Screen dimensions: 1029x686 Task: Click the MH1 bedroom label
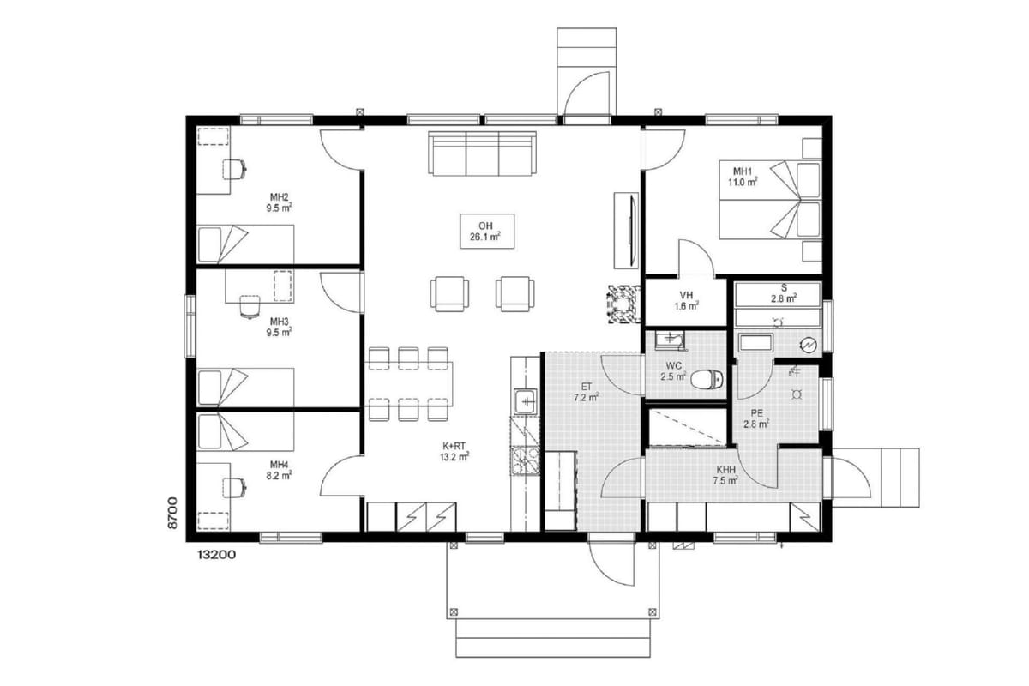click(743, 177)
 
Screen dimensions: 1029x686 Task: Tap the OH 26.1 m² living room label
click(486, 232)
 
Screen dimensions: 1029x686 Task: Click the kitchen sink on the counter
click(525, 401)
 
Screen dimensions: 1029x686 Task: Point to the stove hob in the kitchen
click(525, 460)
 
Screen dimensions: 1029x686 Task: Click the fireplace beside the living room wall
click(624, 304)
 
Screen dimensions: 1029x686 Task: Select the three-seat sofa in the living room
click(482, 153)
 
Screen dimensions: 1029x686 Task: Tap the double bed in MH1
click(770, 200)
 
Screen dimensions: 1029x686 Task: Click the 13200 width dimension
click(216, 555)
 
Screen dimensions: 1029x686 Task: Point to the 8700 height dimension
click(172, 513)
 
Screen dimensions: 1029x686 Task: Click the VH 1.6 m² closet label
click(686, 300)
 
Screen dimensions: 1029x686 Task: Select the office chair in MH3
click(250, 306)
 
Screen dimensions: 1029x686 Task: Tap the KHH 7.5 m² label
click(725, 476)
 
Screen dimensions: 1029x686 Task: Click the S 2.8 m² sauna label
click(784, 293)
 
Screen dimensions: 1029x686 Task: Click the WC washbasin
click(670, 340)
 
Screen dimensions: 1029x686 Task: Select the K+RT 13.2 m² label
click(454, 451)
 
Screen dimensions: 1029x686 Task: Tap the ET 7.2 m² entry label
click(587, 393)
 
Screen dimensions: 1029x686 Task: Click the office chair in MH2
click(234, 169)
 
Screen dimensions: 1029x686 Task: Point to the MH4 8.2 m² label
click(279, 471)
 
